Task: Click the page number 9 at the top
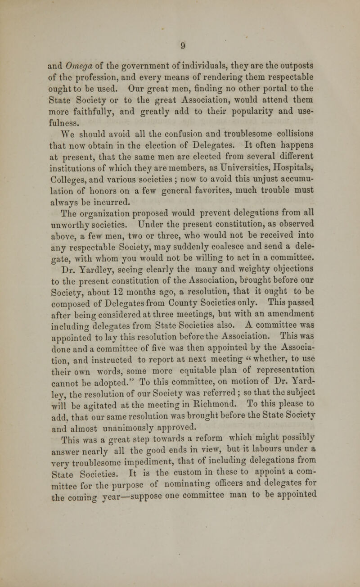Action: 179,45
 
